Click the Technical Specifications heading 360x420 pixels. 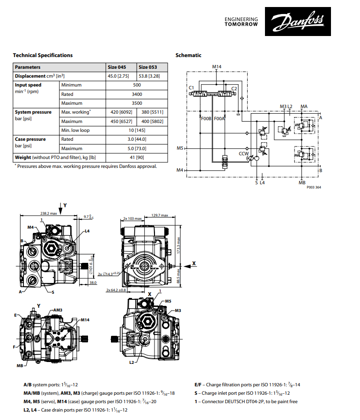tap(43, 55)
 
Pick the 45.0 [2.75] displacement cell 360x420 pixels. tap(118, 76)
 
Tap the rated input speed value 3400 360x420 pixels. tap(137, 94)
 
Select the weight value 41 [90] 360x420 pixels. tap(137, 158)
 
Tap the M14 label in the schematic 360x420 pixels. tap(216, 67)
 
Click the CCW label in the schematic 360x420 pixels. tap(243, 153)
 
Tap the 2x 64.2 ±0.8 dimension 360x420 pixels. tap(116, 290)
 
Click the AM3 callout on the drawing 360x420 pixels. tap(58, 310)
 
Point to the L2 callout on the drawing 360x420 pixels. tap(132, 362)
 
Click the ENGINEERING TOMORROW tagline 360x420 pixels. tap(241, 22)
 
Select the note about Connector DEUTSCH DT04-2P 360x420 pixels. tap(246, 401)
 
